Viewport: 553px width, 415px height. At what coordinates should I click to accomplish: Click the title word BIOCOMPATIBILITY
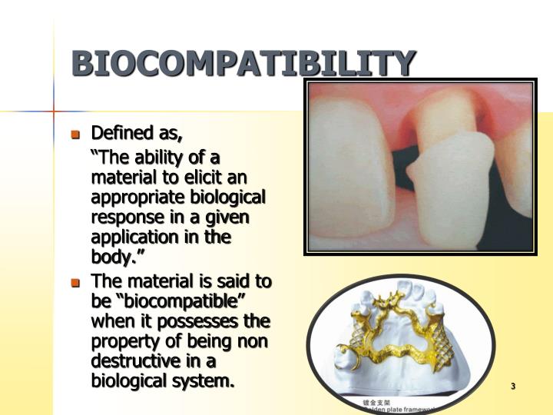click(x=244, y=63)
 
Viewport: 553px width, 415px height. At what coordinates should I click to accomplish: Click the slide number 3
click(x=512, y=386)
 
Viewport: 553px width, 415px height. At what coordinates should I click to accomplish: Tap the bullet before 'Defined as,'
click(x=75, y=134)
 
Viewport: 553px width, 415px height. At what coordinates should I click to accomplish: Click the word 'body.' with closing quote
click(x=112, y=257)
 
